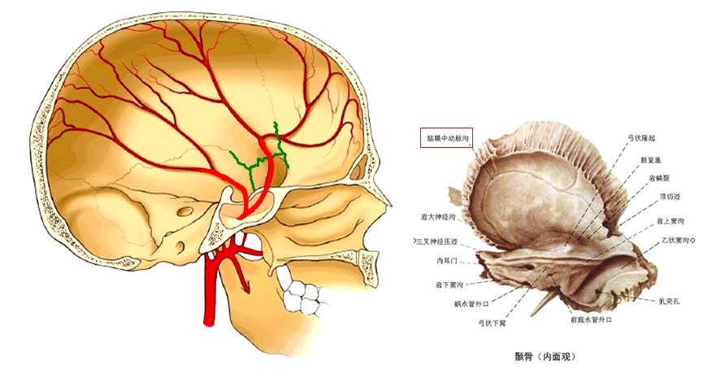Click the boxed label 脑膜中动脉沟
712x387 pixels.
pos(445,138)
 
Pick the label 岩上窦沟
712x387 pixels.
pos(672,220)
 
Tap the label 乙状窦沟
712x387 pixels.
pos(676,241)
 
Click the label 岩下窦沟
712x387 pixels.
pos(449,285)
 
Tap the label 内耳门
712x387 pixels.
pos(449,261)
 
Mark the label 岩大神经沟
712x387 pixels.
pos(440,217)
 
